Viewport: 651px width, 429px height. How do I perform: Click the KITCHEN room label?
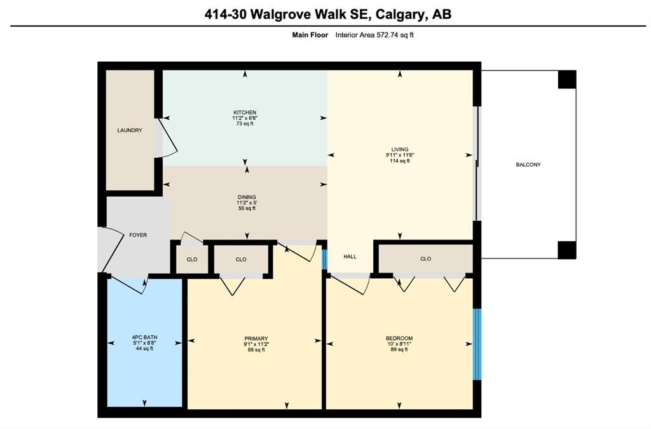pos(244,113)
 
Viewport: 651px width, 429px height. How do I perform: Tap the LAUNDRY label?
pos(130,130)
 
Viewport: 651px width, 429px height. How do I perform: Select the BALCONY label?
pos(528,165)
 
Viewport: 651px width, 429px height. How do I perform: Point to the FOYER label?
pos(138,236)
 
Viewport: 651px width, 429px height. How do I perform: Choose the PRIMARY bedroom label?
pos(255,339)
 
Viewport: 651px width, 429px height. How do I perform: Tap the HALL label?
pos(350,257)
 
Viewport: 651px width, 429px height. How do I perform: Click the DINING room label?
pos(247,197)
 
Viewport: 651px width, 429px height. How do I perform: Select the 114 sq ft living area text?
pos(400,161)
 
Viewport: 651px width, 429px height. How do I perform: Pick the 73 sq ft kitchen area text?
pos(244,123)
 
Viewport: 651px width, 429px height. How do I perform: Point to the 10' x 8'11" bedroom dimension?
pos(399,344)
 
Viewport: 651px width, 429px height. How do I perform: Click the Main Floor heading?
pos(310,35)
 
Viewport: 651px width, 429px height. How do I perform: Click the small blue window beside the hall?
pos(324,259)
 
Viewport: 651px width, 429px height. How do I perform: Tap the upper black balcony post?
pos(566,80)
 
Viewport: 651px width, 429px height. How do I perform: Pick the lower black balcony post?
pos(566,250)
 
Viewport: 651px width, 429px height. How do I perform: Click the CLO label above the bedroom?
pos(425,259)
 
